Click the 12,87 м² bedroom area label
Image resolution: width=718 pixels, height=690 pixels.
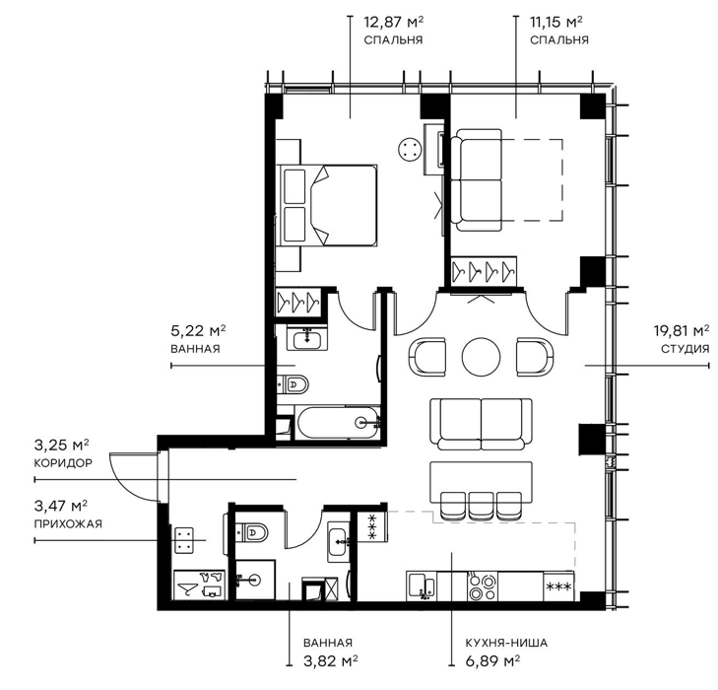[393, 22]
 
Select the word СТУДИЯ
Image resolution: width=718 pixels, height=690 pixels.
[685, 349]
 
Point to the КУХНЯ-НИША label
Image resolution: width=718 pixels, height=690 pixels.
[506, 643]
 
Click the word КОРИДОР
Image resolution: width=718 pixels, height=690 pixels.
[63, 462]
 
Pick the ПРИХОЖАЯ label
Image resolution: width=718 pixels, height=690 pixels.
[68, 523]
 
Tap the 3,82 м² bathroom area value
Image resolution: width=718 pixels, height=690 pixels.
[331, 661]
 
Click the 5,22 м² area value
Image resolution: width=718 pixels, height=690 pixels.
[198, 330]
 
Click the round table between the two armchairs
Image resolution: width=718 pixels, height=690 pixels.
[482, 357]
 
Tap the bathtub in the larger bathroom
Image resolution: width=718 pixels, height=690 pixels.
[339, 423]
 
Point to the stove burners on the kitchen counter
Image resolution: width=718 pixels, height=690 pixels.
[483, 586]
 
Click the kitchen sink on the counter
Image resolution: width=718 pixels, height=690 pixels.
[422, 586]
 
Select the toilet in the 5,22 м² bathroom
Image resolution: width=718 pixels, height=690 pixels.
[293, 383]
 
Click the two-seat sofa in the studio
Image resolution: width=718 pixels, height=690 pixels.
[482, 424]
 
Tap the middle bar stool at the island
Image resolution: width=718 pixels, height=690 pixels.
[482, 506]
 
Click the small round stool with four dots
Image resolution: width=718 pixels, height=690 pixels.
[410, 150]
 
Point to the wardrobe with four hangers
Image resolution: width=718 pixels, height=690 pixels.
[484, 271]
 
